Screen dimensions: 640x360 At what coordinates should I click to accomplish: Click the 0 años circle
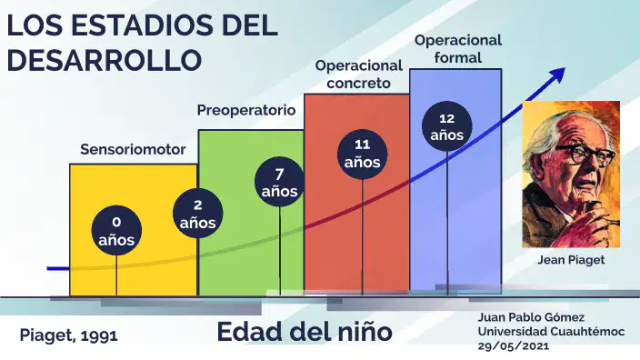coord(116,231)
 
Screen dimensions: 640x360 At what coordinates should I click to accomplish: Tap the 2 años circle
coord(198,214)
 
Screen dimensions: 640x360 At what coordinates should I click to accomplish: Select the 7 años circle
coord(280,182)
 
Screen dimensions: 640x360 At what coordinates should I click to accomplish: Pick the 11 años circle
coord(363,155)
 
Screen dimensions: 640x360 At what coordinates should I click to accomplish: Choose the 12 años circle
coord(447,126)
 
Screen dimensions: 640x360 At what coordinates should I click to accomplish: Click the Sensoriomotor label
coord(133,149)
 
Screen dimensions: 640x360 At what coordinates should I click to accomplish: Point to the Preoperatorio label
coord(246,110)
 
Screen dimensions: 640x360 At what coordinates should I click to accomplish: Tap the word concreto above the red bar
coord(359,84)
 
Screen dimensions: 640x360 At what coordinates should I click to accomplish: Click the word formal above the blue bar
coord(458,57)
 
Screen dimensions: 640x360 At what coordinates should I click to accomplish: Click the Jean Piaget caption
coord(571,260)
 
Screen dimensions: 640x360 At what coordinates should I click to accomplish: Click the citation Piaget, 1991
coord(68,335)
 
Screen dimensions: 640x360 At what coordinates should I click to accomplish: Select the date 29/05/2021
coord(514,346)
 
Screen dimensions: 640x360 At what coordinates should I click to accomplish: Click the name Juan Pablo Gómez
coord(532,317)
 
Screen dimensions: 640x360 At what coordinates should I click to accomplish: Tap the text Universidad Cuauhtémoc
coord(552,332)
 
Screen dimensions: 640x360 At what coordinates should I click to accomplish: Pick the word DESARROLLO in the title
coord(105,60)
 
